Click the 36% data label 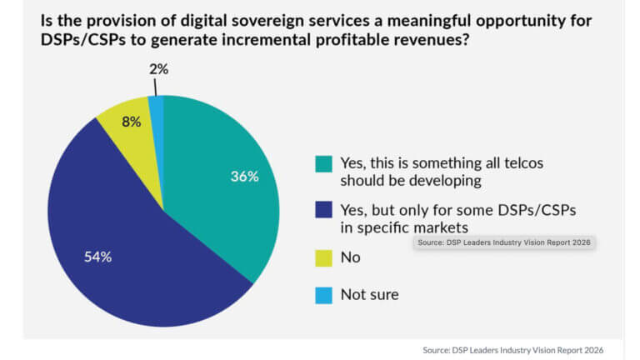244,177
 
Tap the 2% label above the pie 158,69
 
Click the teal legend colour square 322,163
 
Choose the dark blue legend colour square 322,209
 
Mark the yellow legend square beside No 322,257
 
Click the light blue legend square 322,293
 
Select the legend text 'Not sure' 369,293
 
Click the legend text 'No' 350,257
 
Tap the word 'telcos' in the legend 521,162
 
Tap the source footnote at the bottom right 513,349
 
